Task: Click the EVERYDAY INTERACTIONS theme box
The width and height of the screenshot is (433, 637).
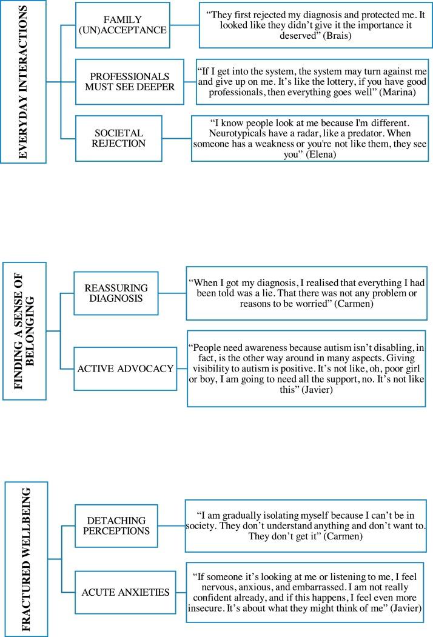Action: coord(24,82)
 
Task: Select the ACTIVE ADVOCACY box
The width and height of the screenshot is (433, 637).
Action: coord(125,369)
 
